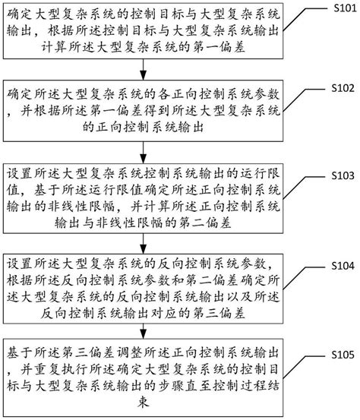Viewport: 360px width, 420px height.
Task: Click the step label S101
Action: [345, 8]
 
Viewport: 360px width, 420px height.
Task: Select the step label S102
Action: [343, 88]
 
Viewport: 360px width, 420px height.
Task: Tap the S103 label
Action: [343, 175]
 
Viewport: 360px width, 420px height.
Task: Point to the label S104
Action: [343, 266]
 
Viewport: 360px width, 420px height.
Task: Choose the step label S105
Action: [343, 355]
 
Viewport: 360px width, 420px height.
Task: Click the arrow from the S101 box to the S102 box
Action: [144, 69]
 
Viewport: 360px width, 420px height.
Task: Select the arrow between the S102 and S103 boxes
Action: [144, 153]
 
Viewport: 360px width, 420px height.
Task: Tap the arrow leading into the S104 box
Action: [144, 244]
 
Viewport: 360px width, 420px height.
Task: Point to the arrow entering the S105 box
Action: [144, 331]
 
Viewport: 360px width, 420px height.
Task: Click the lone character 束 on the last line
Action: [144, 403]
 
